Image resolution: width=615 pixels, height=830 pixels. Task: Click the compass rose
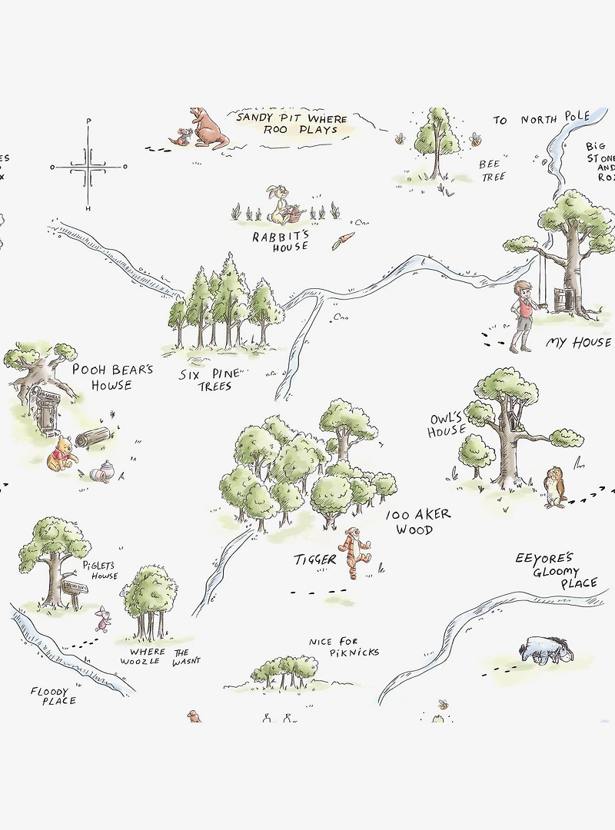click(x=88, y=166)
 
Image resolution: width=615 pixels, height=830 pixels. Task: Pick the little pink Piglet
click(x=102, y=617)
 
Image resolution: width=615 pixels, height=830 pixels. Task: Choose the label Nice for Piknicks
click(x=344, y=647)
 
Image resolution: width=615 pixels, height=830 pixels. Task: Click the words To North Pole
click(x=541, y=119)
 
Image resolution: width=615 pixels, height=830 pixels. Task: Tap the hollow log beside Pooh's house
click(x=92, y=437)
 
